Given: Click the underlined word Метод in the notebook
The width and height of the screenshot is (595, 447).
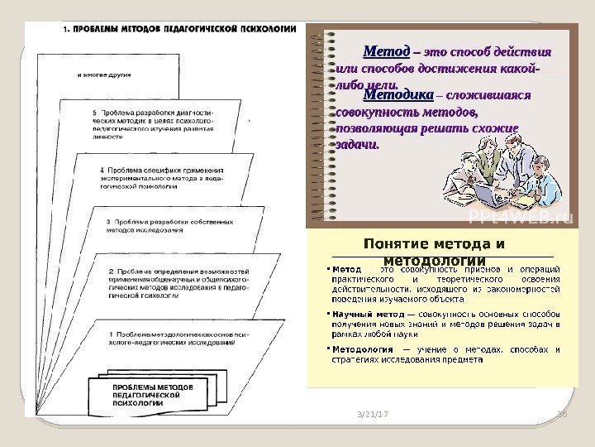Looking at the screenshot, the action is (381, 50).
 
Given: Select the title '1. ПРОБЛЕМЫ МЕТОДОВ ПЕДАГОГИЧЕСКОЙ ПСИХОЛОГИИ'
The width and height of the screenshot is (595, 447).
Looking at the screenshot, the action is (178, 27).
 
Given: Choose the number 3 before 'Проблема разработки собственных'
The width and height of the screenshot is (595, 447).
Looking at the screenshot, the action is (110, 222).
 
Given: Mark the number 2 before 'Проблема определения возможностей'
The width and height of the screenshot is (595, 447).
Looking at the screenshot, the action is (111, 271).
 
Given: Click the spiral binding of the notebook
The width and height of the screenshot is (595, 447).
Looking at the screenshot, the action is (318, 124).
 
